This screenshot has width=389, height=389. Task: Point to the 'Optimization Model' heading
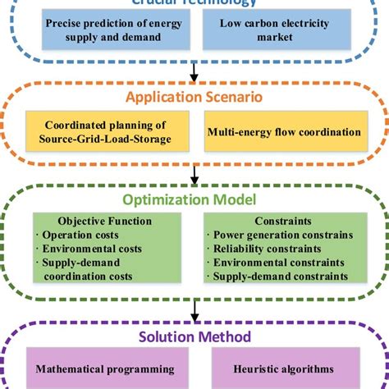tap(194, 200)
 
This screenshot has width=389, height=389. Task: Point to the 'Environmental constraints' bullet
tap(277, 263)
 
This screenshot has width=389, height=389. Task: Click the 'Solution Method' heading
tap(194, 336)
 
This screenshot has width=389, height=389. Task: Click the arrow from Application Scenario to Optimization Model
tap(194, 175)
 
